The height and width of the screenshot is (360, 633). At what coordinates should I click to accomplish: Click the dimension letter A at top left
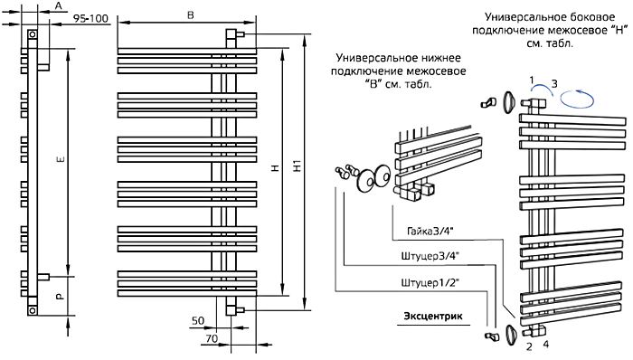pyautogui.click(x=59, y=5)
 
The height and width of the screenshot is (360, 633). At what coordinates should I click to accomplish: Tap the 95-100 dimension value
pyautogui.click(x=90, y=19)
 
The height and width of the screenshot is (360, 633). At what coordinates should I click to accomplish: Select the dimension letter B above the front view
pyautogui.click(x=191, y=15)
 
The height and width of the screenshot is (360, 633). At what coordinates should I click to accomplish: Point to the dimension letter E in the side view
pyautogui.click(x=61, y=160)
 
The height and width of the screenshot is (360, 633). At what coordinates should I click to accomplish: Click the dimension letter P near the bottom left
pyautogui.click(x=60, y=297)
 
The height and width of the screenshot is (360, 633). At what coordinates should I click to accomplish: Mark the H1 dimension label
pyautogui.click(x=298, y=166)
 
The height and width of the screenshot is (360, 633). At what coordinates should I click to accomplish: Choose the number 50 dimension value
pyautogui.click(x=198, y=321)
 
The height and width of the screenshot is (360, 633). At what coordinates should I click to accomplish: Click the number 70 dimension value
pyautogui.click(x=212, y=338)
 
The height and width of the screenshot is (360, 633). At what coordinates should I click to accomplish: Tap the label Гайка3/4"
pyautogui.click(x=430, y=232)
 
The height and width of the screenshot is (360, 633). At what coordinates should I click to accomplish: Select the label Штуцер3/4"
pyautogui.click(x=430, y=256)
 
